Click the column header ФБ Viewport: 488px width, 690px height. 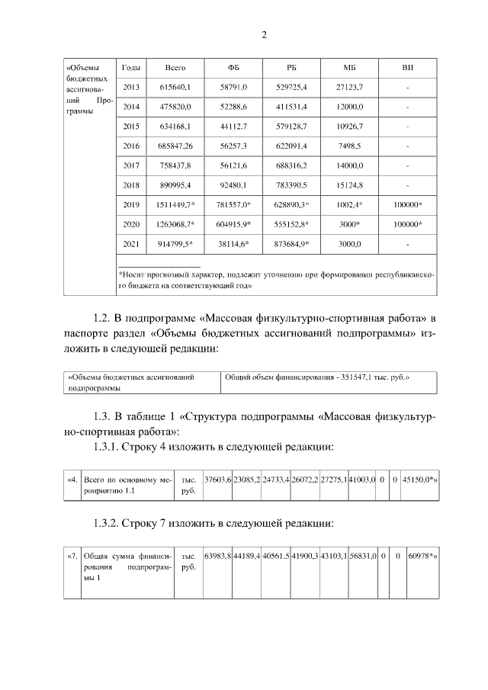[x=233, y=68]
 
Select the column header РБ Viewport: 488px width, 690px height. [x=291, y=68]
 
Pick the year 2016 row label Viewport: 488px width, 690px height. [x=130, y=146]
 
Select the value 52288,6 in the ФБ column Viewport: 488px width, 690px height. [x=233, y=107]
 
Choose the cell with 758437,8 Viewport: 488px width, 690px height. [x=175, y=165]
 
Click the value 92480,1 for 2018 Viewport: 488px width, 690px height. [x=233, y=185]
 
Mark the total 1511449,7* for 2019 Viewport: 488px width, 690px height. [x=176, y=204]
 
